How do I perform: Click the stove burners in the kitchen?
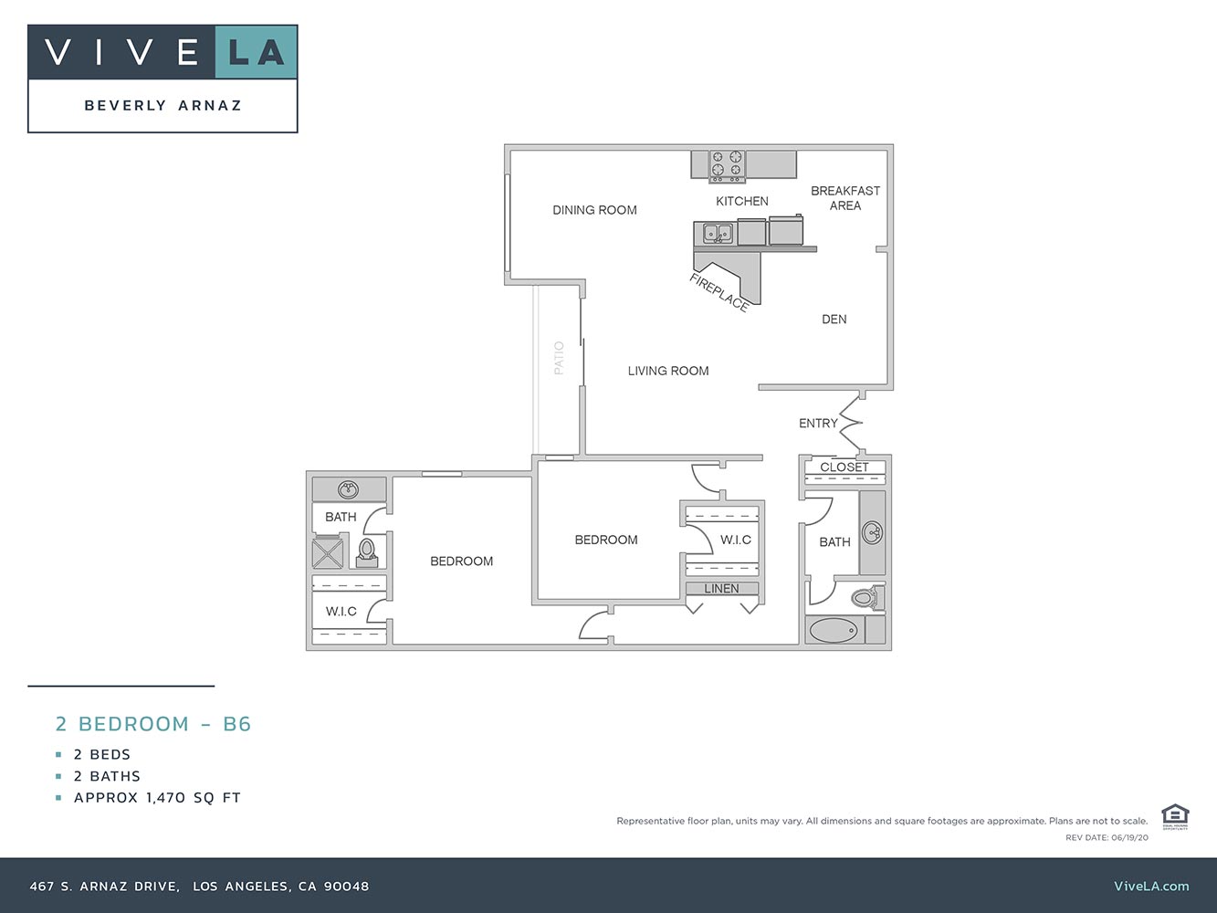pos(728,163)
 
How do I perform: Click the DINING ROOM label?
pos(594,210)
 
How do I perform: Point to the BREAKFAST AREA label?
pos(845,198)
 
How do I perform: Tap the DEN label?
pos(834,320)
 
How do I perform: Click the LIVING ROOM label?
pos(668,371)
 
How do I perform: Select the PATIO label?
pos(559,358)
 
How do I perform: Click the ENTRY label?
pos(818,424)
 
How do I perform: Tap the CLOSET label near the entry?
pos(845,467)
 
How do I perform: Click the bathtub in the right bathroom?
pos(834,630)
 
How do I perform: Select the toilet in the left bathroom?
pos(367,551)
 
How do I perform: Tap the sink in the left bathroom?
pos(348,490)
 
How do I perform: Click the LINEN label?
pos(721,589)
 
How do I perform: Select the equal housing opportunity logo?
pos(1174,815)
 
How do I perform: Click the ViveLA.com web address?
pos(1151,886)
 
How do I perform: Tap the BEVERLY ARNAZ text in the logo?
pos(163,106)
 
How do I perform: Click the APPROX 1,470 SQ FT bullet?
pos(157,798)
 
